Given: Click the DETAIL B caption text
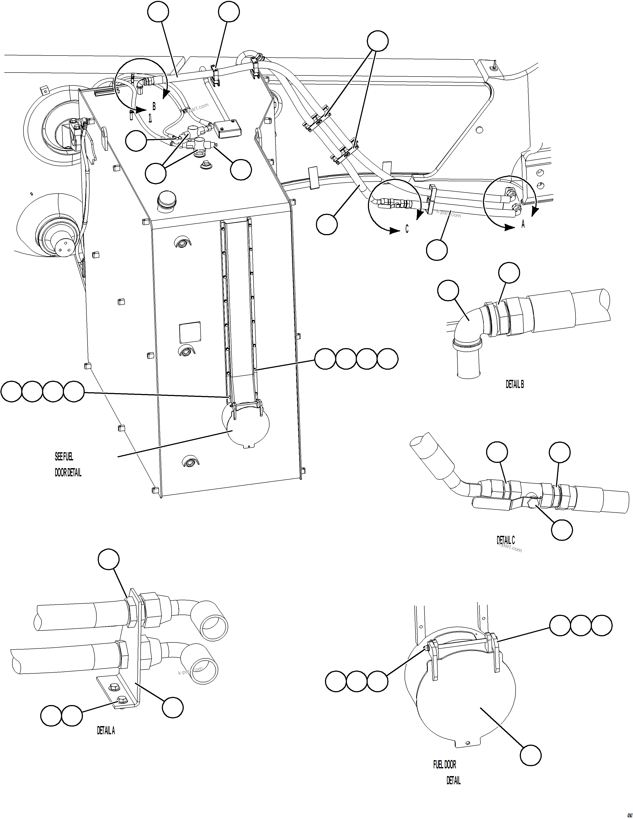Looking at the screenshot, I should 514,384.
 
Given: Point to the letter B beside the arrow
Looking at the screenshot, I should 154,106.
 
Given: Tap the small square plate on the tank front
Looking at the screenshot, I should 190,333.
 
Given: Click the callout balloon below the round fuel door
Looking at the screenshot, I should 531,754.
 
